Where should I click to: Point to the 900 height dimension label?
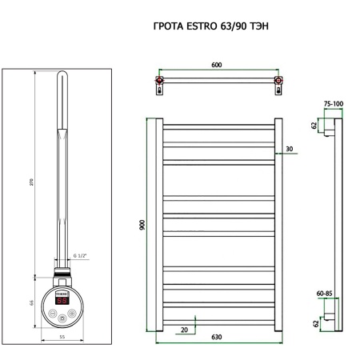142,225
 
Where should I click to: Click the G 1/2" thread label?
78,255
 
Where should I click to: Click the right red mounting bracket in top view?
278,82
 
